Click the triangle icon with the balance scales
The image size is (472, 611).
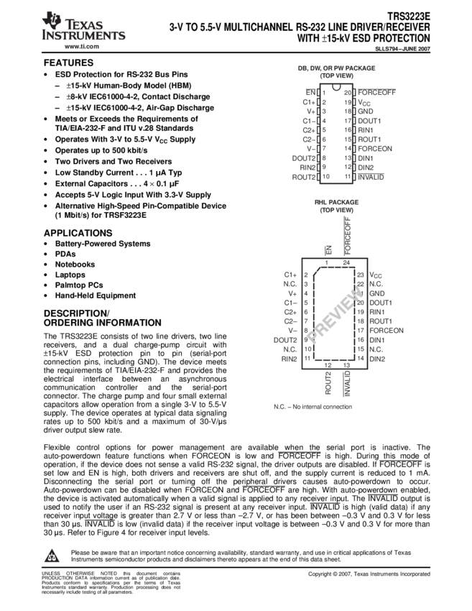(x=52, y=556)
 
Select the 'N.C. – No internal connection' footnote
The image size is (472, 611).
(x=313, y=407)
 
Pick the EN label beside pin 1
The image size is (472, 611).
(x=311, y=93)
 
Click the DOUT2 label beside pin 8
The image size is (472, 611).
(x=303, y=157)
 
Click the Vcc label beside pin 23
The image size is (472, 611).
(x=376, y=275)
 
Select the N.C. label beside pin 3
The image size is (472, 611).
(x=291, y=284)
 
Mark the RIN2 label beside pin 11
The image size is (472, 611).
(x=290, y=358)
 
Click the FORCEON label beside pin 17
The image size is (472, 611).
(x=387, y=331)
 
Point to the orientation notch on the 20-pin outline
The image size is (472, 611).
(x=336, y=88)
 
